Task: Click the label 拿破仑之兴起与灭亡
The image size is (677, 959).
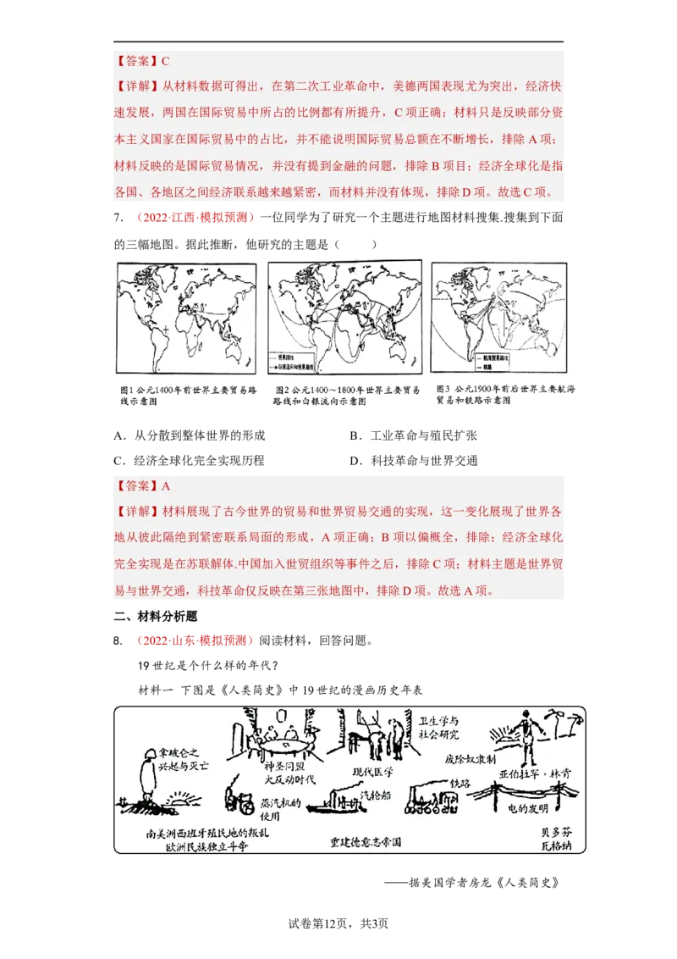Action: [180, 757]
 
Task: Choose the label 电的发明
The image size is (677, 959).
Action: [526, 809]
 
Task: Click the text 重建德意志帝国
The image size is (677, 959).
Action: [366, 843]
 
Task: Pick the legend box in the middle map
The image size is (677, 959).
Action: [298, 362]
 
